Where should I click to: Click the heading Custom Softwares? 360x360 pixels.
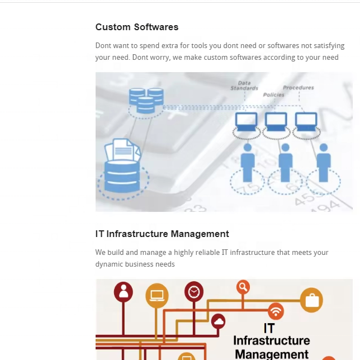(x=137, y=27)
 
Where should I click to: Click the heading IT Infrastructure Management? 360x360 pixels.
(x=162, y=234)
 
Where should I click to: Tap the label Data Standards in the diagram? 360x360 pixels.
(x=244, y=86)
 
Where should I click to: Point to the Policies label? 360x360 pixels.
(x=273, y=95)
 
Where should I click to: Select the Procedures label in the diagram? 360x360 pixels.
(x=299, y=88)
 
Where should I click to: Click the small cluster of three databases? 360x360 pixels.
(x=146, y=100)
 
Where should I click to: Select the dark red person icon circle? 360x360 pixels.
(x=124, y=292)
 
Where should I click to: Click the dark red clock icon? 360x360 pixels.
(x=194, y=291)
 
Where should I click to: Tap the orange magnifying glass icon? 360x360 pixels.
(x=243, y=287)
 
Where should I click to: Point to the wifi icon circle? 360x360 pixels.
(x=276, y=311)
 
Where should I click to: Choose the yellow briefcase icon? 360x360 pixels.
(x=311, y=300)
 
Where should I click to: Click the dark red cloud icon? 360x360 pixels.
(x=219, y=321)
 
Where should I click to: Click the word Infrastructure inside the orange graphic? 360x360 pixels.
(x=271, y=340)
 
